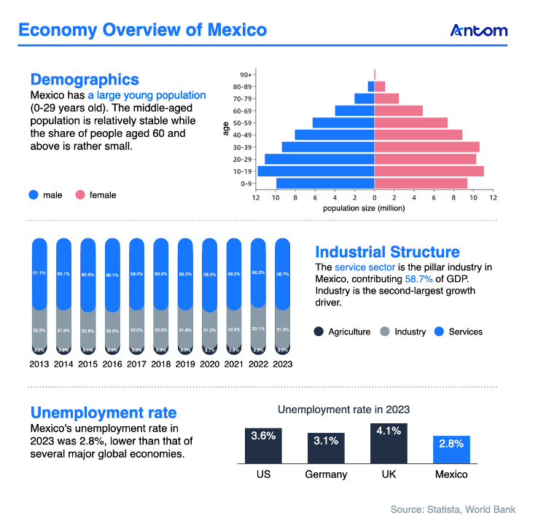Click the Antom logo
tap(479, 31)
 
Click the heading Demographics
tap(85, 79)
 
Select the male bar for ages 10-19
tap(316, 171)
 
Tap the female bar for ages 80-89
tap(380, 86)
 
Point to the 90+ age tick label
tap(246, 74)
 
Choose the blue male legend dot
tap(34, 195)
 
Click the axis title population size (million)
tap(364, 208)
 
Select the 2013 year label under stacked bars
tap(41, 364)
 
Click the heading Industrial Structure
tap(387, 252)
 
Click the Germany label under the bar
tap(326, 474)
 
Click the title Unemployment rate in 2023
tap(343, 410)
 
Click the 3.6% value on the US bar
tap(263, 436)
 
